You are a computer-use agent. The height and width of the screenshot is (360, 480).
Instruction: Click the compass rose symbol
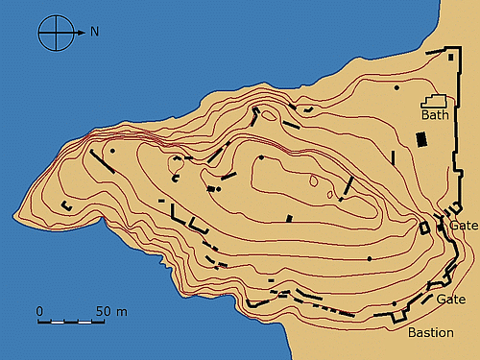pyautogui.click(x=55, y=33)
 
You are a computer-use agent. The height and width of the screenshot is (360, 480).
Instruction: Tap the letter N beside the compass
pyautogui.click(x=94, y=32)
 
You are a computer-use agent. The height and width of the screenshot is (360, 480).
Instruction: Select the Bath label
pyautogui.click(x=436, y=116)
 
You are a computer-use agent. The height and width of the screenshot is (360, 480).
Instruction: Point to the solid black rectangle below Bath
pyautogui.click(x=420, y=139)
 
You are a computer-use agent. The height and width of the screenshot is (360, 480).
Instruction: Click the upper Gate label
pyautogui.click(x=464, y=226)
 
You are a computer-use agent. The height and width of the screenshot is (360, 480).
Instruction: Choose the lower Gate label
pyautogui.click(x=451, y=300)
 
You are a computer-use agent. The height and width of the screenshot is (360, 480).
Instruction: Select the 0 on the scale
pyautogui.click(x=40, y=311)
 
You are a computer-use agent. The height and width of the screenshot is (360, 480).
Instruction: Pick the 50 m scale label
pyautogui.click(x=105, y=311)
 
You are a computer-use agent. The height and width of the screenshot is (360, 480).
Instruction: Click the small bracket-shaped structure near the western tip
pyautogui.click(x=67, y=206)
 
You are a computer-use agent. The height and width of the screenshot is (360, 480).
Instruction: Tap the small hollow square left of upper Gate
pyautogui.click(x=426, y=228)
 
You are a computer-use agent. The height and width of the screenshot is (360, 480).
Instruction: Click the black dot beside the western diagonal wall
pyautogui.click(x=113, y=151)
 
